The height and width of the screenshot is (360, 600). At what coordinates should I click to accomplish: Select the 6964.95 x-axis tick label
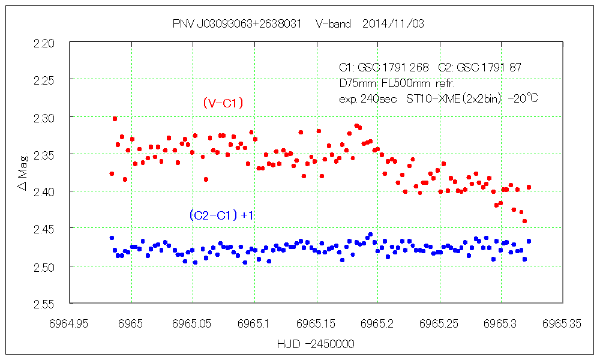(70, 323)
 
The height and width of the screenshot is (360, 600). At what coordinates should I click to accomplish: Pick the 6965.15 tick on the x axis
(316, 323)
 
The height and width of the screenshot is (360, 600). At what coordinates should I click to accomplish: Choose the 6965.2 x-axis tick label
(377, 323)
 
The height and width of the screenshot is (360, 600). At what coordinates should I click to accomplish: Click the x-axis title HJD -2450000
(316, 344)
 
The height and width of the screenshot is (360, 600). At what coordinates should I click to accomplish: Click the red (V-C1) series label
(223, 103)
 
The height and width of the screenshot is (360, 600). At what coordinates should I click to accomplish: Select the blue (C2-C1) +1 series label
(221, 214)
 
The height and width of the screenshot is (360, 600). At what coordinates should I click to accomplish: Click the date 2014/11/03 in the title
(394, 23)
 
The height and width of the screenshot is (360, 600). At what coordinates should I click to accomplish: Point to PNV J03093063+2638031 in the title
(236, 23)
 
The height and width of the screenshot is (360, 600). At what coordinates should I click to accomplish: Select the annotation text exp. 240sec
(368, 98)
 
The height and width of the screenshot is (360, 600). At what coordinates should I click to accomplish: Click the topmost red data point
(115, 119)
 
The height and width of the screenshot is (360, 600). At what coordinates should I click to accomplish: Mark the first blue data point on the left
(112, 238)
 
